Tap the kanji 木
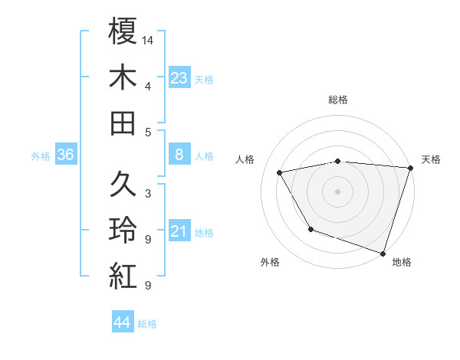(123, 77)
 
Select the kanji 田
(123, 123)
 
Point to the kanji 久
(123, 185)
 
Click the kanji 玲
(123, 231)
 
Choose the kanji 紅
(123, 277)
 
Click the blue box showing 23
(179, 78)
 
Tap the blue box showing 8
(179, 155)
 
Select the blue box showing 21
(179, 232)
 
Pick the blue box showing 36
(66, 155)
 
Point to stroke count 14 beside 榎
(148, 39)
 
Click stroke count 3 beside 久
(148, 193)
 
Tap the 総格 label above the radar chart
(338, 100)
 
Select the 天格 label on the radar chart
(432, 159)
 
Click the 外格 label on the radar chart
(270, 263)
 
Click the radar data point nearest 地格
(383, 253)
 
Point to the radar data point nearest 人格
(280, 173)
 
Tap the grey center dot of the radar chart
(338, 191)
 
